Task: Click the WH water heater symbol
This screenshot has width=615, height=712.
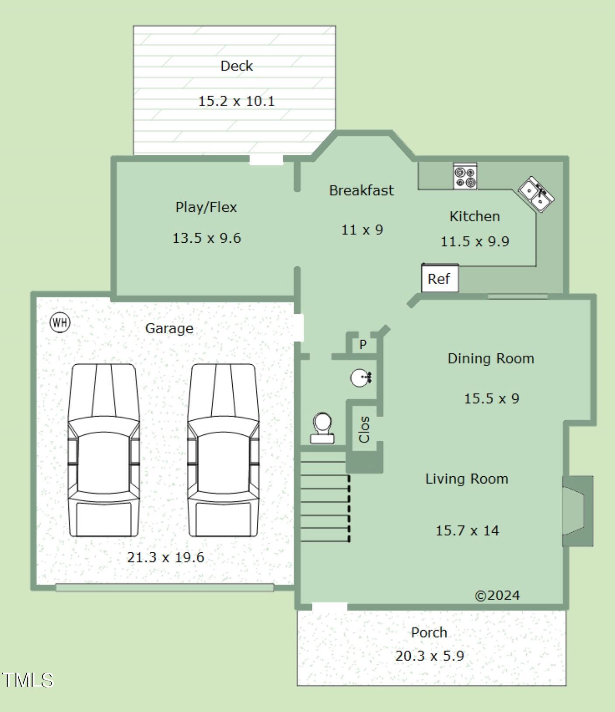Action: coord(60,323)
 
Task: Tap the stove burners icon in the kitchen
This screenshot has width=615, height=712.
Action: coord(465,177)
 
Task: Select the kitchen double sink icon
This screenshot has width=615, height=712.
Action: coord(536,195)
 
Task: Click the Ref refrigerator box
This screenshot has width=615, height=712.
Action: coord(440,278)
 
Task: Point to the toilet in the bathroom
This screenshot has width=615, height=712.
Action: coord(322,429)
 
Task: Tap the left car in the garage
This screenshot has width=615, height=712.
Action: coord(104,450)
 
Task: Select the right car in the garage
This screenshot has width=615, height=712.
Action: coord(223,450)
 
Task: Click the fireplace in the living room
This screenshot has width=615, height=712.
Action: coord(577,511)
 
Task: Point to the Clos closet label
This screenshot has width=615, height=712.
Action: coord(364,429)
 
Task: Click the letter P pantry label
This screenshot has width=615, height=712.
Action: coord(363,345)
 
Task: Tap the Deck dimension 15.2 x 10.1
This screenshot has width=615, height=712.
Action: coord(237,101)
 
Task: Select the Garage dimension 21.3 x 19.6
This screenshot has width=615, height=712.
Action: coord(166,557)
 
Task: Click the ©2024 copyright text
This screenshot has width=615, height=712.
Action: coord(497,595)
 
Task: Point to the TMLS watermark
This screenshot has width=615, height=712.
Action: coord(27,680)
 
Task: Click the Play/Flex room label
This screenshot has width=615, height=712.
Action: coord(206,207)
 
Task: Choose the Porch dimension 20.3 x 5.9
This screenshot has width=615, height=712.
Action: coord(430,656)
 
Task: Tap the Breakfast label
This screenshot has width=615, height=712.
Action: coord(361,190)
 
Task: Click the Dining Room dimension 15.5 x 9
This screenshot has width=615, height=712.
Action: coord(492,398)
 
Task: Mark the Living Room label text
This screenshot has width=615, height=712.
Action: coord(467,479)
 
